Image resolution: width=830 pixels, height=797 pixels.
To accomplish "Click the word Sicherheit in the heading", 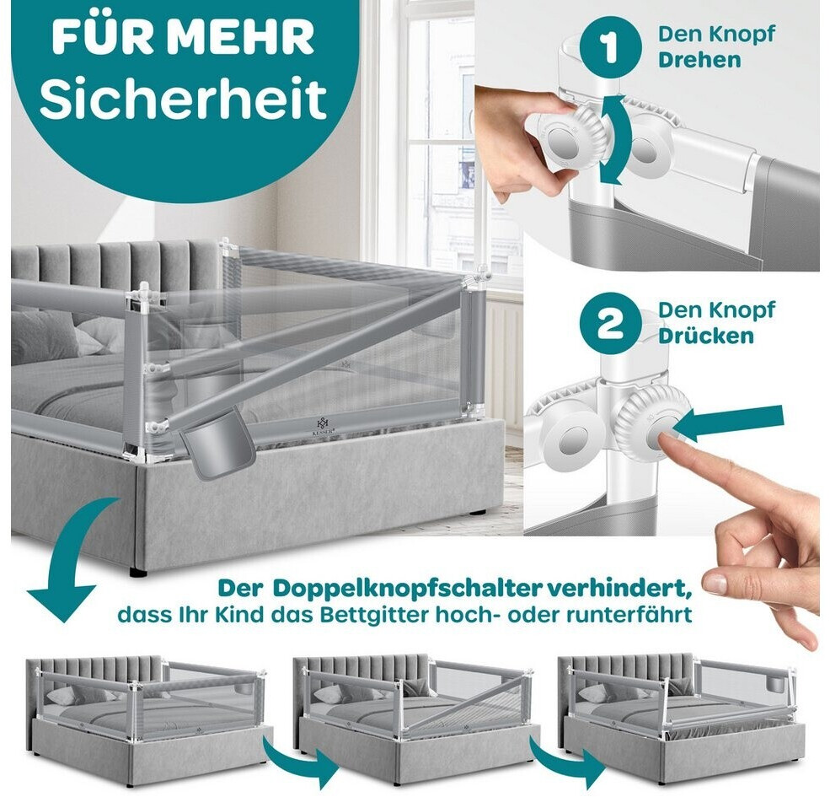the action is [183, 98].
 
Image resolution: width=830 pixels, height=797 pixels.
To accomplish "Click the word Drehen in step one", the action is [699, 60].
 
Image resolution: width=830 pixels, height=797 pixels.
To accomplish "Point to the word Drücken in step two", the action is [705, 336].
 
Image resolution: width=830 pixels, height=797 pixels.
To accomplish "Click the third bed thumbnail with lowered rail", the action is [684, 715].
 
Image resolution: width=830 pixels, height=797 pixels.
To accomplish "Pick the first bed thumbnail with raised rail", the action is [149, 715].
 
